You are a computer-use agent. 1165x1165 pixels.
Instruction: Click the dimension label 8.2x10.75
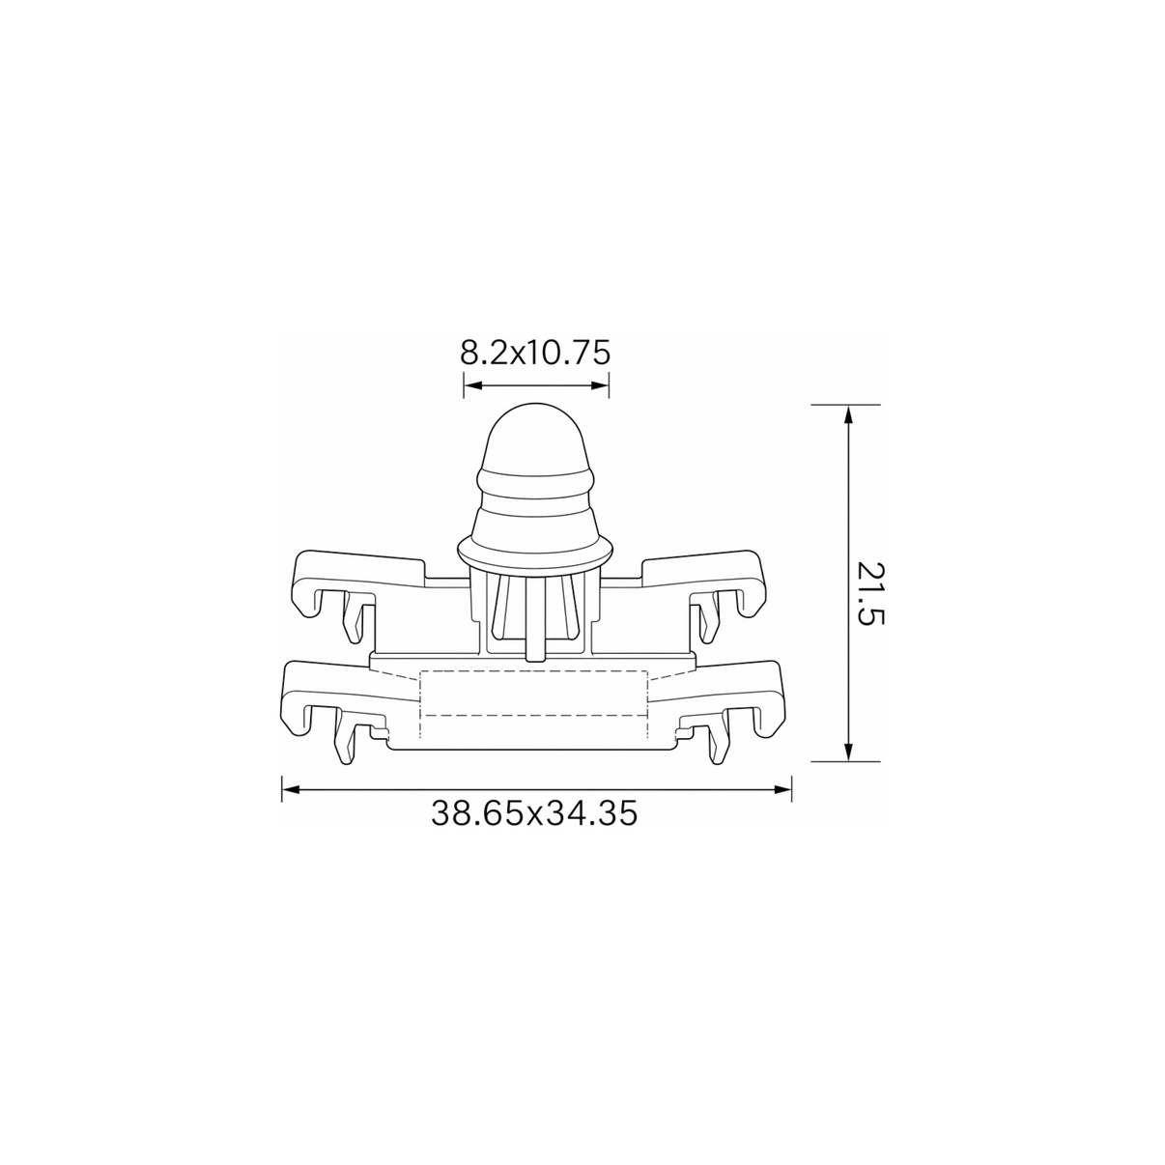[535, 353]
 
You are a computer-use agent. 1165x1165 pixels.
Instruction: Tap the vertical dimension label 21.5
[871, 594]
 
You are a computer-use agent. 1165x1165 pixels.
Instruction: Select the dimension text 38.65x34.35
[534, 813]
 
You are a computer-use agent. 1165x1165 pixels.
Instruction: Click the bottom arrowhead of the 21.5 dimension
[848, 751]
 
